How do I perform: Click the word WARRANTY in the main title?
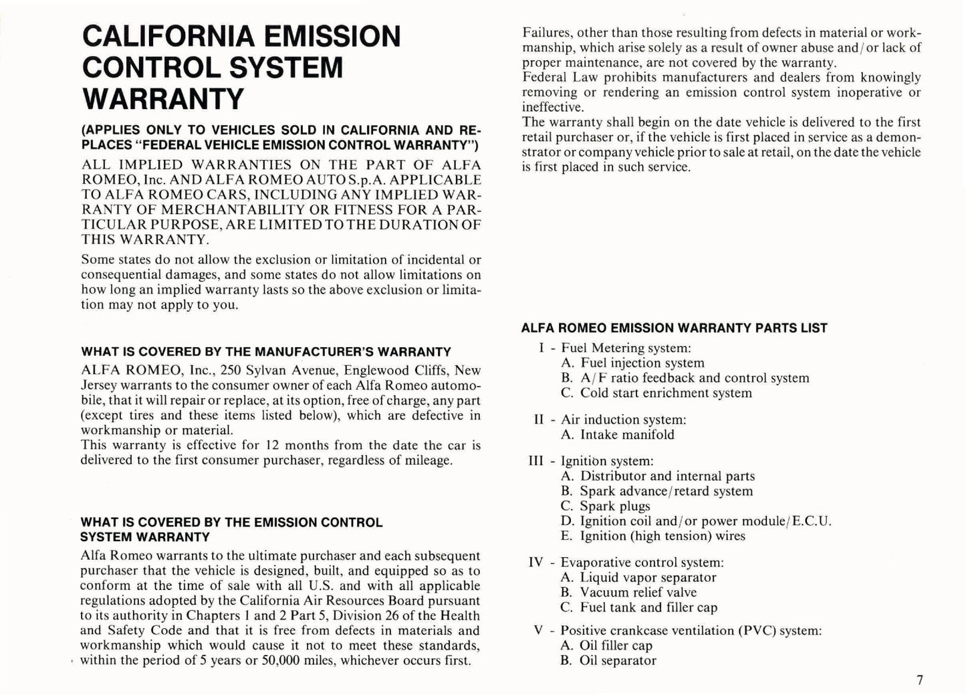pos(162,98)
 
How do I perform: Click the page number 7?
pos(920,680)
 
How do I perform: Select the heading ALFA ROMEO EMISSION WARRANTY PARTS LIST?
pos(674,328)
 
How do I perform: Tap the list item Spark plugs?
pos(614,506)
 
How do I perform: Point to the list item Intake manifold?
pos(627,435)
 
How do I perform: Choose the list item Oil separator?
pos(618,661)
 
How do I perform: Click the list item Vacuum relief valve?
pos(638,593)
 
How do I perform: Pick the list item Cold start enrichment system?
pos(666,393)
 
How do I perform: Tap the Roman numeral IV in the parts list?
pos(536,563)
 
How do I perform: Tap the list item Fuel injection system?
pos(642,363)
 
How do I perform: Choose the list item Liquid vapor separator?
pos(648,577)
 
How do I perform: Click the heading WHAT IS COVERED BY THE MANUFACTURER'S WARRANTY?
pos(265,352)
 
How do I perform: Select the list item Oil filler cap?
pos(616,646)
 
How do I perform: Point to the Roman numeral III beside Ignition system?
pos(536,461)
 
